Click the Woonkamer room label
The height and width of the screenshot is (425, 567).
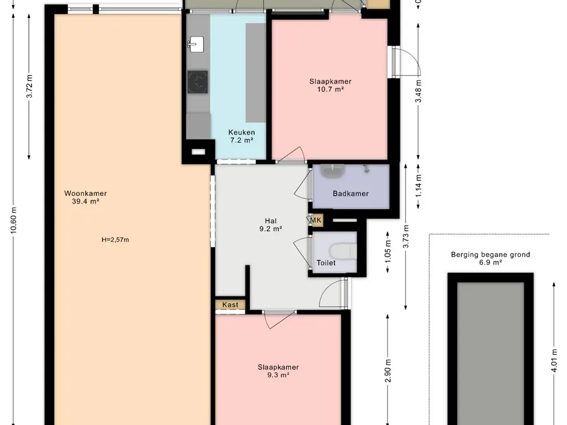[x=85, y=193]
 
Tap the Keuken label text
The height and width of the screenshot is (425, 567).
[x=241, y=132]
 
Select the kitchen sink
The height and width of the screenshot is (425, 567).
[x=195, y=44]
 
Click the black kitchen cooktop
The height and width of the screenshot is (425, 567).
[x=198, y=82]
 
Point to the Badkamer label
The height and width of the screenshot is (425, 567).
[x=350, y=193]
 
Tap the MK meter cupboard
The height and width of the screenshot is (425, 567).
[x=316, y=220]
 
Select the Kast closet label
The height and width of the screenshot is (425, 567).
[x=230, y=305]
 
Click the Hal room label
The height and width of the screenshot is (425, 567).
[x=270, y=221]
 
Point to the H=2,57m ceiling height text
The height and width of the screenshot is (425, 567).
[x=115, y=240]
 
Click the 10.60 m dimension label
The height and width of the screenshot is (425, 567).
[x=14, y=220]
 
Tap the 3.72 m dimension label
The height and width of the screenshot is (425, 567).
[x=30, y=86]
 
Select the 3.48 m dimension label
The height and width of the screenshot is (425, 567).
[x=419, y=91]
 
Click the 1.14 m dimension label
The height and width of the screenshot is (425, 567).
[x=419, y=186]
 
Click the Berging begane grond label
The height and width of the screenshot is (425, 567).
[x=491, y=255]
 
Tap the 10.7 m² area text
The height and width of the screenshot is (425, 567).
[x=330, y=89]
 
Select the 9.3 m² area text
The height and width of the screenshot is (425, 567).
[x=278, y=375]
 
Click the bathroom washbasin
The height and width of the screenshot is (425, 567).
[x=333, y=172]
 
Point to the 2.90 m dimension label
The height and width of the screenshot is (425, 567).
[x=388, y=371]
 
